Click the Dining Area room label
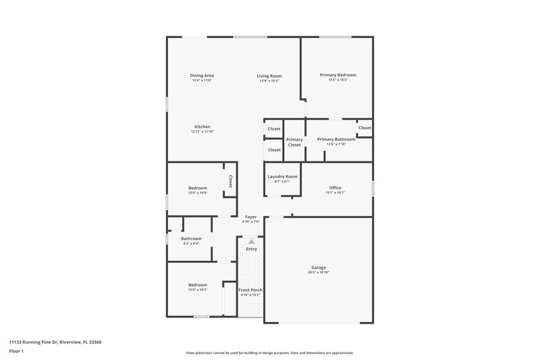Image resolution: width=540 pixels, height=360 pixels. click(x=202, y=75)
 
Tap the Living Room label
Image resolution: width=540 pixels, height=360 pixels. click(x=269, y=76)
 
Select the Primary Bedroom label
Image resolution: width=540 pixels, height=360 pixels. click(x=337, y=75)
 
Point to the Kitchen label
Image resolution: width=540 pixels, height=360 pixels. click(x=202, y=127)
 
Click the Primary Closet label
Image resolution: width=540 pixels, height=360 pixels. click(x=294, y=142)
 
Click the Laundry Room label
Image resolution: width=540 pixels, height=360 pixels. click(x=282, y=176)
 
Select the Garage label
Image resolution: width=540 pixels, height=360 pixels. click(x=319, y=267)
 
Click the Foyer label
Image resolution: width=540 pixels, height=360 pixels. click(x=250, y=217)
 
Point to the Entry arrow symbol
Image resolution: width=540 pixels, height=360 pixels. click(x=251, y=240)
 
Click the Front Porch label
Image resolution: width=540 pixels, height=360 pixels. click(x=250, y=290)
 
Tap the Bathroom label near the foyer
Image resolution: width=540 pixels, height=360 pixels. click(x=191, y=238)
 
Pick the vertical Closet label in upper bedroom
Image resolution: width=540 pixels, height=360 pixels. click(x=230, y=181)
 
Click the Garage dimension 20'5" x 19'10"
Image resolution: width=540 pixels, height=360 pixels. click(x=319, y=273)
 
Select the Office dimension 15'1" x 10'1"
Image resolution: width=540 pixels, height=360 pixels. click(x=335, y=192)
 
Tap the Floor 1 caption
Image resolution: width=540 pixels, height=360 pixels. click(x=16, y=351)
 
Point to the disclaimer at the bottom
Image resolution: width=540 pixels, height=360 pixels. click(x=269, y=353)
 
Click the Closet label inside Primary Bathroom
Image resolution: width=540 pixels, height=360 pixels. click(x=364, y=128)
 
